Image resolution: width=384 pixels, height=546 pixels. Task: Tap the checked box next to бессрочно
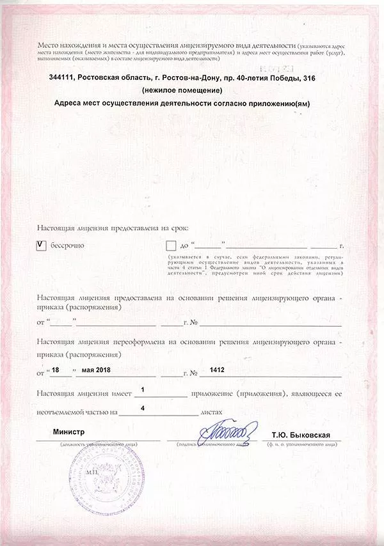point(42,246)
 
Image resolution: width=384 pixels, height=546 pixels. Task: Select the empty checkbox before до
point(170,246)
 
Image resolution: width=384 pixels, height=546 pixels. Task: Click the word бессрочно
point(68,246)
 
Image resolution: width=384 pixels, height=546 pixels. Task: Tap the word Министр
point(69,433)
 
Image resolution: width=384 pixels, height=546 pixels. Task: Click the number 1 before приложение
point(142,389)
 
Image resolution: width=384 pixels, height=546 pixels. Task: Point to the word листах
point(212,413)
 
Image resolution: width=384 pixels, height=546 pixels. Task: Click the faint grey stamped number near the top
point(268,66)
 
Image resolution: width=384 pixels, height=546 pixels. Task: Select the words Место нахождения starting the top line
point(67,46)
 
